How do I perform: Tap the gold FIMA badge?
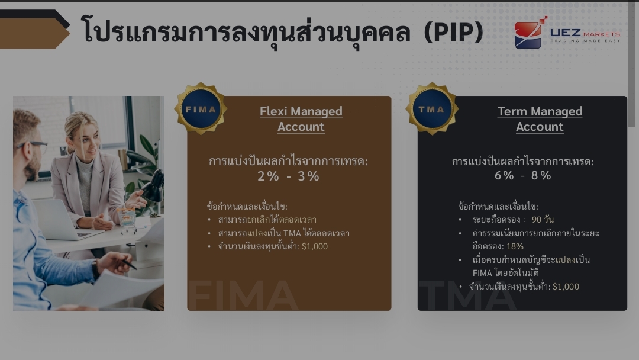pyautogui.click(x=201, y=109)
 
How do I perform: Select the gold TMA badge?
pyautogui.click(x=432, y=109)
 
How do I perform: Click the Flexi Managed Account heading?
pyautogui.click(x=301, y=118)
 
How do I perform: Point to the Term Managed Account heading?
pyautogui.click(x=540, y=118)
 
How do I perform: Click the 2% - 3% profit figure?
pyautogui.click(x=289, y=176)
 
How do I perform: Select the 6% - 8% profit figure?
pyautogui.click(x=523, y=175)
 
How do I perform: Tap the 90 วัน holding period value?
pyautogui.click(x=543, y=220)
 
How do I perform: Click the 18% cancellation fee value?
pyautogui.click(x=515, y=246)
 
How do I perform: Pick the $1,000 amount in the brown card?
pyautogui.click(x=315, y=246)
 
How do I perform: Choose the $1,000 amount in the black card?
pyautogui.click(x=566, y=287)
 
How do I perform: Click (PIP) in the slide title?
pyautogui.click(x=454, y=32)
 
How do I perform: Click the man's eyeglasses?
pyautogui.click(x=33, y=145)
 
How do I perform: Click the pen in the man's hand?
pyautogui.click(x=129, y=264)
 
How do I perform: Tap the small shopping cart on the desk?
pyautogui.click(x=128, y=221)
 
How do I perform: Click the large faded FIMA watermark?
pyautogui.click(x=243, y=295)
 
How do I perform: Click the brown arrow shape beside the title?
pyautogui.click(x=33, y=33)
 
